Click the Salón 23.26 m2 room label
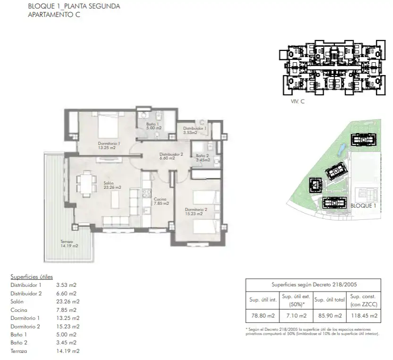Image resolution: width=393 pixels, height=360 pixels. tap(112, 185)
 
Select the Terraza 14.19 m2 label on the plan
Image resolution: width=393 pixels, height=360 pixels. tap(69, 243)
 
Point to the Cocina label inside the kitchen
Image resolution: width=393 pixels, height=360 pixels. tap(160, 199)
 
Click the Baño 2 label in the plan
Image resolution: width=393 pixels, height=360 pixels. tap(202, 156)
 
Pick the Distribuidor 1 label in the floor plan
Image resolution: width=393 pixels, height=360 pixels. tap(195, 128)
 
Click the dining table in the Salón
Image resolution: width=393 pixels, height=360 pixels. tap(87, 184)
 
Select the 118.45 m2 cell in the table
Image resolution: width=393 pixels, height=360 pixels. tap(364, 316)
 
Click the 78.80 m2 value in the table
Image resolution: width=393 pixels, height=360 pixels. tap(263, 316)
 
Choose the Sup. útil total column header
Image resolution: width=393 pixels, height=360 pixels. tap(330, 300)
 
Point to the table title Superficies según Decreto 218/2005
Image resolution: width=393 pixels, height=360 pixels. tap(314, 285)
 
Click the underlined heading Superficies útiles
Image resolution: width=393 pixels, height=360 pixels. tap(32, 277)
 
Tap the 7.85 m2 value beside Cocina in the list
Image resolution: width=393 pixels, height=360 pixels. tap(67, 310)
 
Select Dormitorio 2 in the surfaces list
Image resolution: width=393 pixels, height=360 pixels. tap(25, 327)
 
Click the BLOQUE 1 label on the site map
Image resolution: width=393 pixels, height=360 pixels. tap(363, 206)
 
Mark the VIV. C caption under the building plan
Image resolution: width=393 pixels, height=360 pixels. tap(298, 101)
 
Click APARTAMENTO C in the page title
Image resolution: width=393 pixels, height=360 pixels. tap(54, 15)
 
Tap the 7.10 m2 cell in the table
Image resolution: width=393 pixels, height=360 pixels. tap(297, 316)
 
